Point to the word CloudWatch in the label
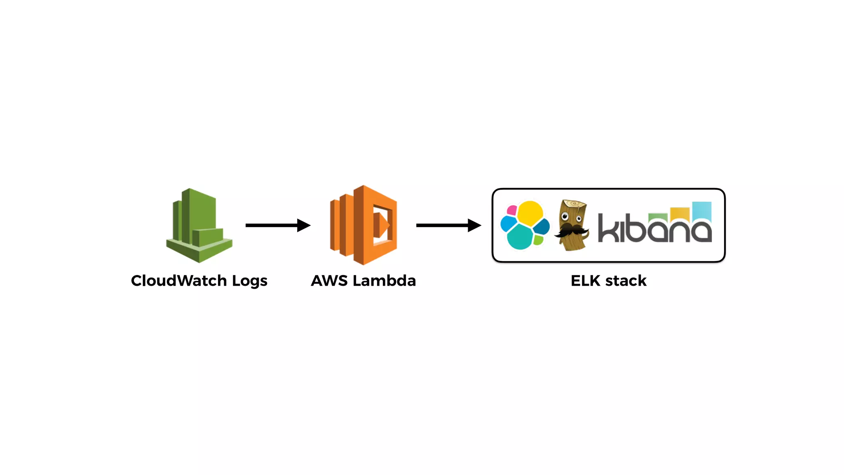point(179,281)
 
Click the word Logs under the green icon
point(249,281)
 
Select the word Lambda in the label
point(384,281)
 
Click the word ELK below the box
point(585,281)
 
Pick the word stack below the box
point(626,281)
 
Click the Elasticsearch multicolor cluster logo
point(525,225)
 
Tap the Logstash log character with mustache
point(572,225)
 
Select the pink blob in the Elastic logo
point(512,210)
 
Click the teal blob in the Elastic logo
point(519,237)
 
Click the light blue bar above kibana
point(702,210)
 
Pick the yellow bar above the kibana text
point(680,213)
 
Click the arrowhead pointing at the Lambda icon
point(304,225)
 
